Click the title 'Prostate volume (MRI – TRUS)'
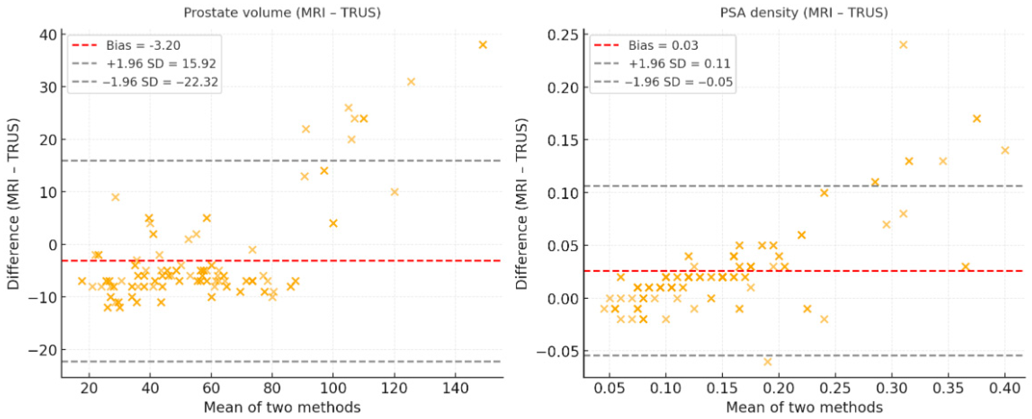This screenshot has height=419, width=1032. click(282, 13)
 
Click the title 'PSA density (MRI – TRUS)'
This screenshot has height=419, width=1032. click(804, 13)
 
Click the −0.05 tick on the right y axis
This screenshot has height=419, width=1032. click(557, 352)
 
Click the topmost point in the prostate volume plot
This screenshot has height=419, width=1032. click(483, 45)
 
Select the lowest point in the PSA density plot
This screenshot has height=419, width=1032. click(768, 362)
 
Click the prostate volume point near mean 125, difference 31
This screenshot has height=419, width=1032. click(411, 82)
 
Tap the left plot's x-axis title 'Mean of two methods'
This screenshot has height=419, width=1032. click(282, 407)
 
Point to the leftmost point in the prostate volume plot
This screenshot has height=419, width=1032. click(82, 281)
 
